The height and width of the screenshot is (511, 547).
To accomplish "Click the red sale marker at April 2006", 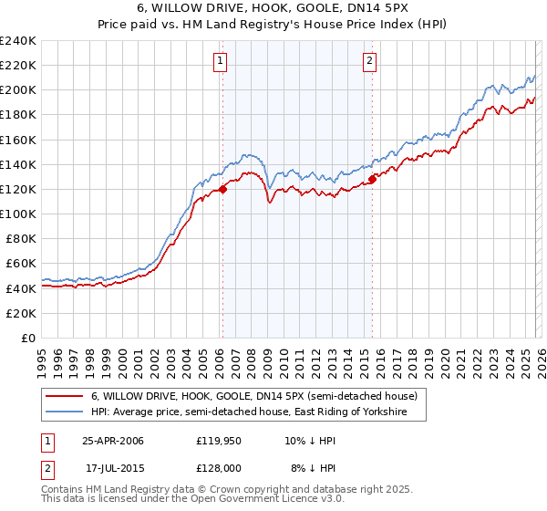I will point(222,190).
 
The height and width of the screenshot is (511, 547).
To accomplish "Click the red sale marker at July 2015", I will point(372,180).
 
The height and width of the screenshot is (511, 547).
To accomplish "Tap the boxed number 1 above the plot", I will point(222,62).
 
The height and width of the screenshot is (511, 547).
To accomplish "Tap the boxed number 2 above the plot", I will point(370,62).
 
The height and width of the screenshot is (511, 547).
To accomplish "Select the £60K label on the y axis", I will point(20,264).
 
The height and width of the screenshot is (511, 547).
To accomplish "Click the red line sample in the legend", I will point(64,396).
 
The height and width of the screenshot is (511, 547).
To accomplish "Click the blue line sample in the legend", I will point(64,412).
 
